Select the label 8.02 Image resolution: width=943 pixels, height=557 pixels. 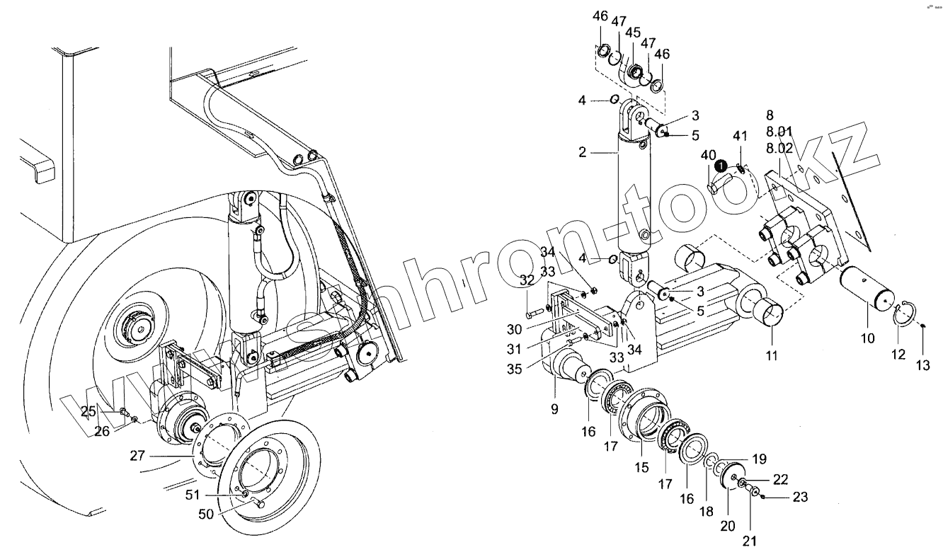[x=779, y=148]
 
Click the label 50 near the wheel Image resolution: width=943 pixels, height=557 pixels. [x=205, y=514]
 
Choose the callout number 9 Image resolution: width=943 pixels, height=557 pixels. [x=555, y=408]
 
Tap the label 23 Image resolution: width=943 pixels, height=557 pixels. [x=800, y=498]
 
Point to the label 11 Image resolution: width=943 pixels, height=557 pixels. [x=772, y=355]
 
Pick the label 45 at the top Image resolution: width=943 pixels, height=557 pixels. [x=633, y=32]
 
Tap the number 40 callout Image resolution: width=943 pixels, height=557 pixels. [x=708, y=155]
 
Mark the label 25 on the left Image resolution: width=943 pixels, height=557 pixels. [x=88, y=411]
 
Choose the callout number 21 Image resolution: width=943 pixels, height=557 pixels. [x=750, y=542]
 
